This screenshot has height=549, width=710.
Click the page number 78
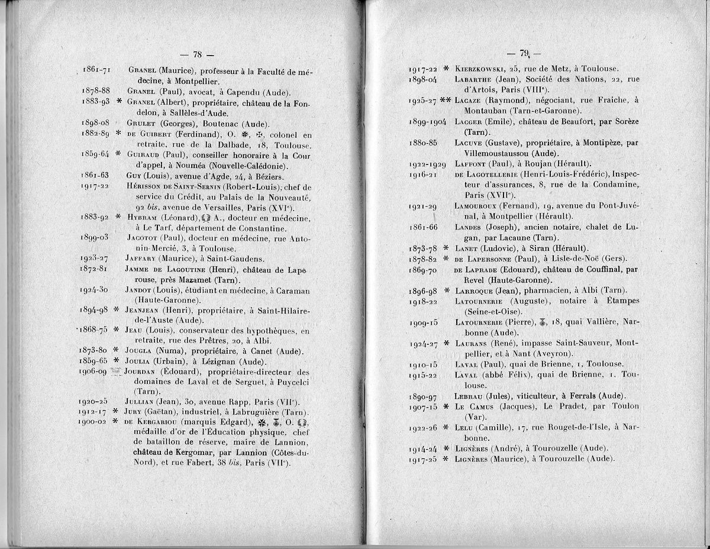tap(198, 54)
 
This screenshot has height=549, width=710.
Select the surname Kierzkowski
tap(480, 68)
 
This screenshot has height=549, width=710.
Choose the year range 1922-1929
tap(428, 164)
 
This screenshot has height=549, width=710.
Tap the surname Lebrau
tap(471, 396)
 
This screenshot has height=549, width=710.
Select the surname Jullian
tap(144, 401)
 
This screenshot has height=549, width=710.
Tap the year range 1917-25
tap(425, 460)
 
